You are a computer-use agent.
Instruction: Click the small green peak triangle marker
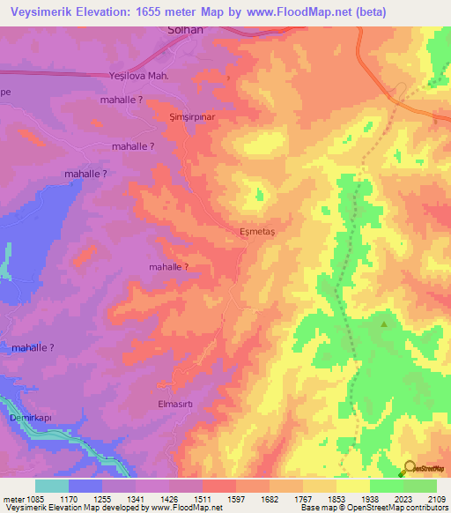383,323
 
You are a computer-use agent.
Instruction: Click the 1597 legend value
218,499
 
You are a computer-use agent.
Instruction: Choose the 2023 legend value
403,499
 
